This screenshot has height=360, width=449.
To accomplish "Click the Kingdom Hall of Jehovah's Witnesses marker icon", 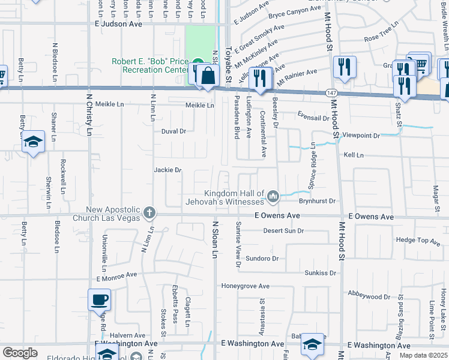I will pos(273,196).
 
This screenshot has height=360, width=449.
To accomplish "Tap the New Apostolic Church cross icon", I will pos(149,212).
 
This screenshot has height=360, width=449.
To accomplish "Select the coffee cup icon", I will pos(99,299).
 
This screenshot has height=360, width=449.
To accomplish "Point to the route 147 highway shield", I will pos(331,92).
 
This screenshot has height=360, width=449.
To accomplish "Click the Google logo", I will pos(20,353).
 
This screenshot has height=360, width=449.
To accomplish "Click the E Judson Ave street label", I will pos(118,25).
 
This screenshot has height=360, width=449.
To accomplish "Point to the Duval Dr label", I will pos(174,131).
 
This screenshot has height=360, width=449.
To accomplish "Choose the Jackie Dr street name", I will pos(167,170).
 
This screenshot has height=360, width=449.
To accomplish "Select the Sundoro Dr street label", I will pos(263,259).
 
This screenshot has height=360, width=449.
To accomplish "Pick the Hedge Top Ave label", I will pos(418,241).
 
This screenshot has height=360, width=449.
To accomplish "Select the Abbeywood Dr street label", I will pos(369,296).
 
